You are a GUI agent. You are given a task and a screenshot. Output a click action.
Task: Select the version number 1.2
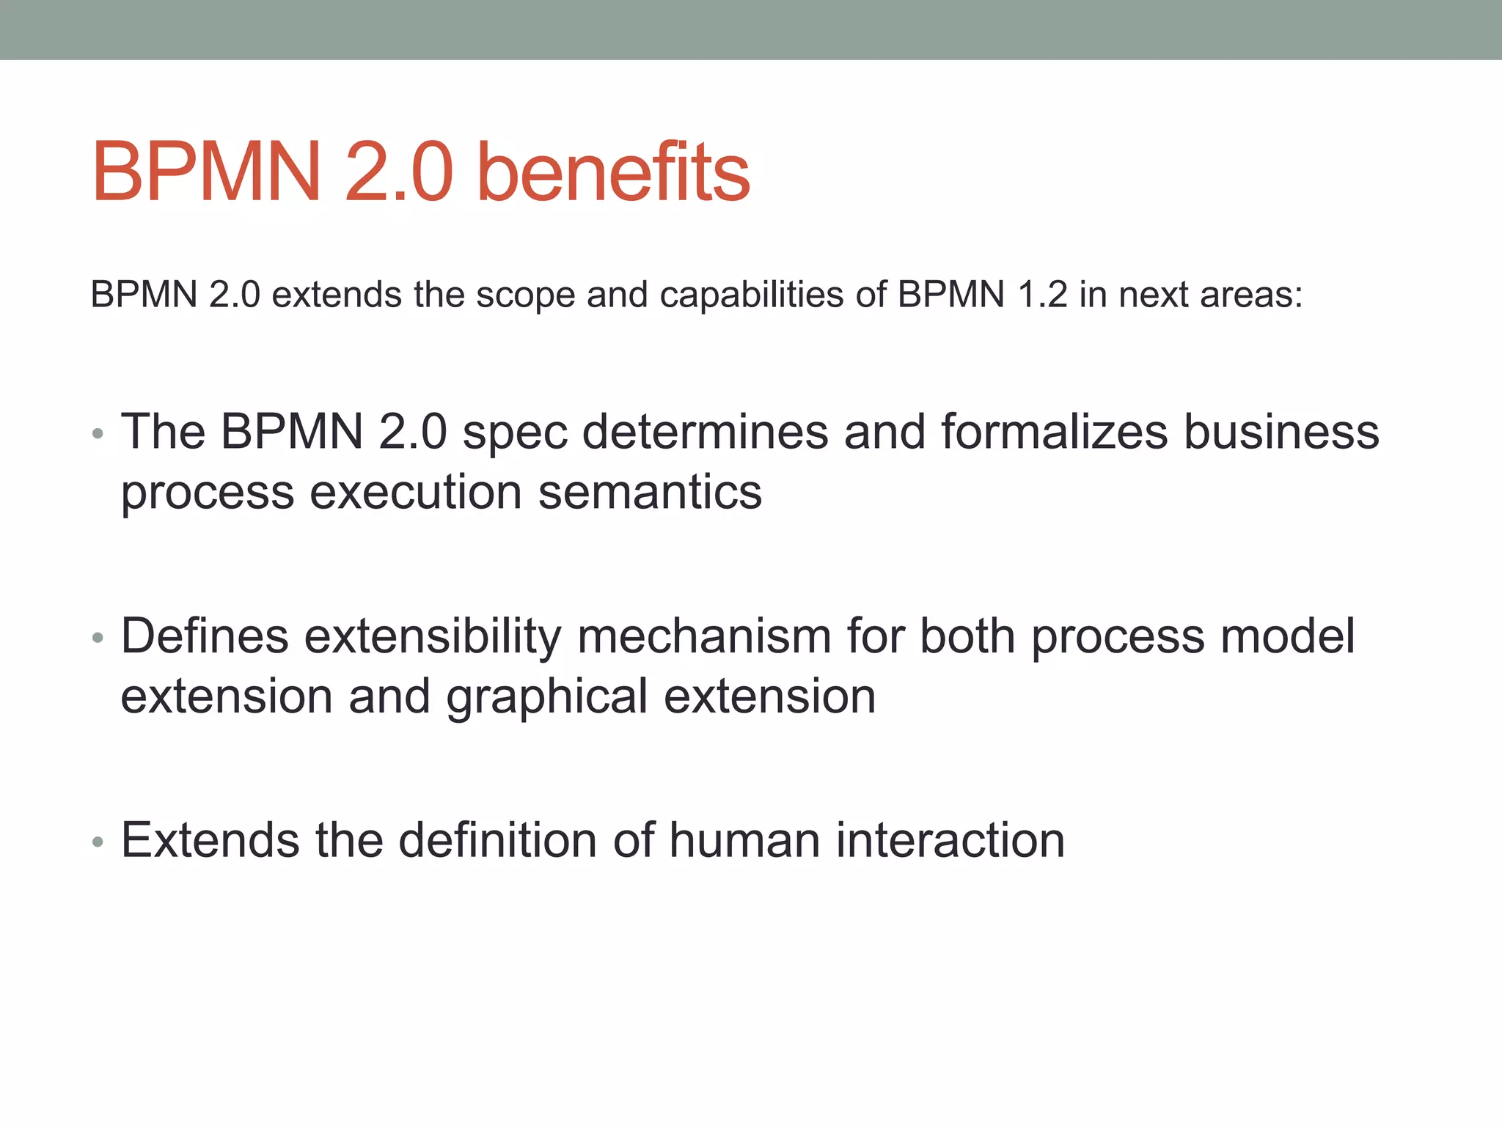click(x=1042, y=295)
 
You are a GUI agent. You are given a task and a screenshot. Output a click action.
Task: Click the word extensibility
click(x=433, y=636)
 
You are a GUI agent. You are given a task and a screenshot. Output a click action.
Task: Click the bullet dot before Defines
click(x=98, y=639)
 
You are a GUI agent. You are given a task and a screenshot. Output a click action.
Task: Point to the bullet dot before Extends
click(x=98, y=842)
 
